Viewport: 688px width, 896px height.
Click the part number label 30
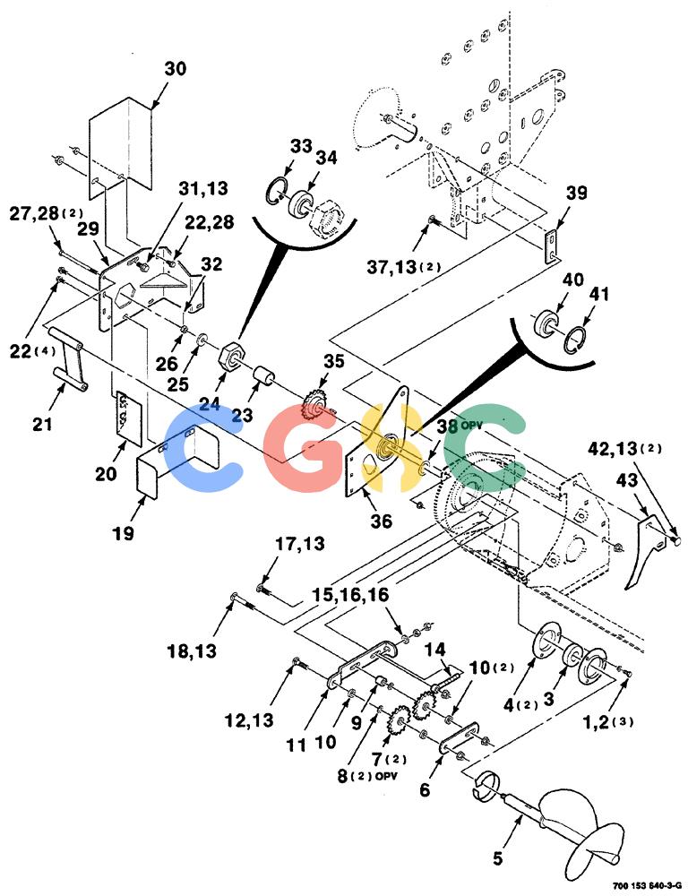pyautogui.click(x=176, y=69)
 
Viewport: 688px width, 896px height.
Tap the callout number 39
pyautogui.click(x=575, y=193)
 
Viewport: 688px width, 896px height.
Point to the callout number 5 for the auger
pyautogui.click(x=498, y=858)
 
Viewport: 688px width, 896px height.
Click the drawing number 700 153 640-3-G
pyautogui.click(x=647, y=886)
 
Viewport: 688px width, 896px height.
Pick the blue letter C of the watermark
pyautogui.click(x=202, y=447)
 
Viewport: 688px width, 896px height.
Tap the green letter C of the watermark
pyautogui.click(x=486, y=447)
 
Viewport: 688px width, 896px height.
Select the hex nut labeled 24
pyautogui.click(x=233, y=357)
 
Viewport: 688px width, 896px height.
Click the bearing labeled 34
pyautogui.click(x=303, y=202)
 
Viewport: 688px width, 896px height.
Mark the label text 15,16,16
pyautogui.click(x=350, y=596)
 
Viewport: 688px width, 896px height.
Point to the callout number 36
pyautogui.click(x=382, y=521)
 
